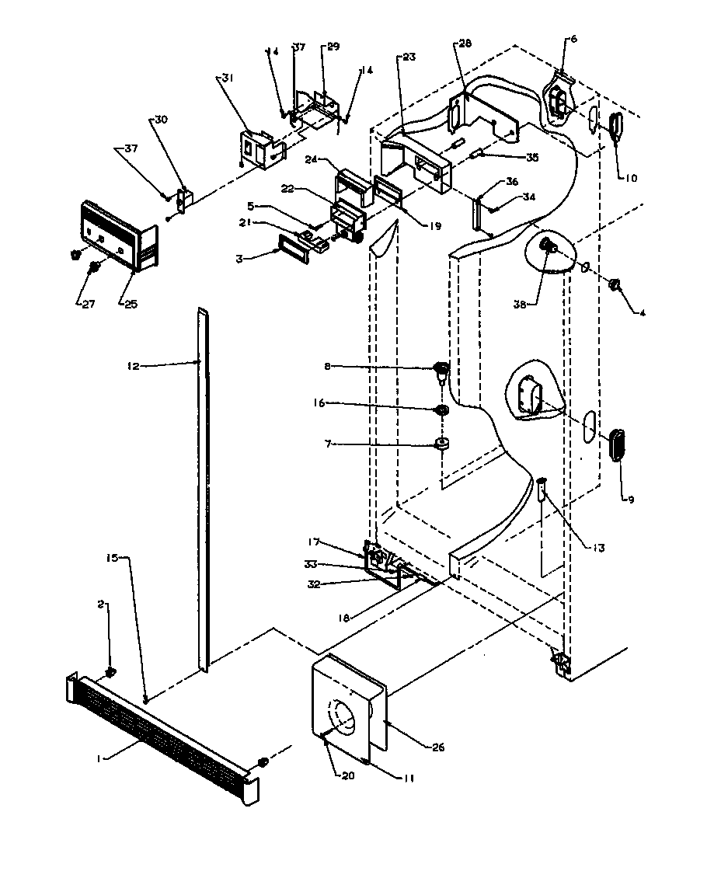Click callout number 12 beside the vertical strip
pyautogui.click(x=134, y=366)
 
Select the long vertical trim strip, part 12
pyautogui.click(x=203, y=490)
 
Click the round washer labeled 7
pyautogui.click(x=442, y=444)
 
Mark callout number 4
pyautogui.click(x=643, y=313)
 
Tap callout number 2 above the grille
pyautogui.click(x=102, y=604)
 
